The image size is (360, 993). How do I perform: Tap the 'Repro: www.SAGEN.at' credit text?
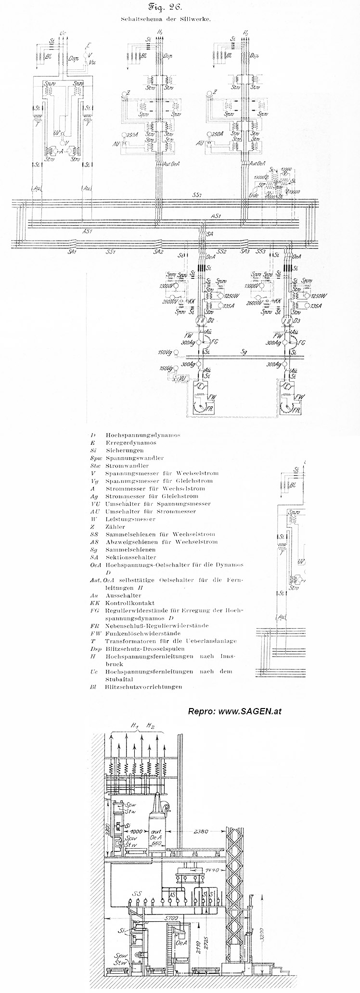pos(234,711)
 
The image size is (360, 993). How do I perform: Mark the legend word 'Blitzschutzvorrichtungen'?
pos(143,687)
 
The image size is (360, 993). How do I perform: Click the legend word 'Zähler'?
pos(115,527)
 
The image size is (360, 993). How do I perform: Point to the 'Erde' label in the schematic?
pos(254,196)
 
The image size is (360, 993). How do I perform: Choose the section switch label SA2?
pos(158,252)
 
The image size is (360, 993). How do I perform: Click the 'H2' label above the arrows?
pos(151,738)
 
